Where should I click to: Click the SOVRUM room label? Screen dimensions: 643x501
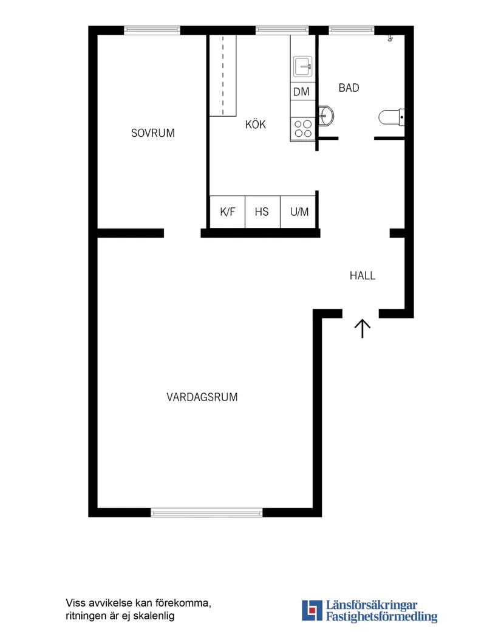(x=152, y=132)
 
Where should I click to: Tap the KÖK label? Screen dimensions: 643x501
(x=256, y=125)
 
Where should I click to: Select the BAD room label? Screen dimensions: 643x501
(x=349, y=88)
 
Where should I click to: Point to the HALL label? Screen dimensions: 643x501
(x=362, y=275)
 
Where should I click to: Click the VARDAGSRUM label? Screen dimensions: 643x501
(x=202, y=397)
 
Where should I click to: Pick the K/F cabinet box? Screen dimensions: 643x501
(x=227, y=212)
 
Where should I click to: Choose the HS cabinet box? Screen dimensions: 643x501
(x=262, y=212)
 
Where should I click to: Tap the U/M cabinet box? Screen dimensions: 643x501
(x=299, y=212)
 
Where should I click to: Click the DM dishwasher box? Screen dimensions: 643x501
(x=301, y=92)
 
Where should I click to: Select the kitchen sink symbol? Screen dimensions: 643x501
(x=302, y=66)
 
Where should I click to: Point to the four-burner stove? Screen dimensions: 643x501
(x=302, y=128)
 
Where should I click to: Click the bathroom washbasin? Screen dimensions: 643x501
(x=325, y=115)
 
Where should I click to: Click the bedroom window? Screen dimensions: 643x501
(x=152, y=30)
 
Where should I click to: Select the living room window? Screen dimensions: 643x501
(x=206, y=513)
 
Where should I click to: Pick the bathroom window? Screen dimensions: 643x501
(x=351, y=30)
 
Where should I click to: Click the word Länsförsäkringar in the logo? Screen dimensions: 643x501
(x=371, y=605)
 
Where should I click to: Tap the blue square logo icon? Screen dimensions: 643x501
(x=312, y=610)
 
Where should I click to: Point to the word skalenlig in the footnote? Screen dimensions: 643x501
(x=154, y=616)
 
